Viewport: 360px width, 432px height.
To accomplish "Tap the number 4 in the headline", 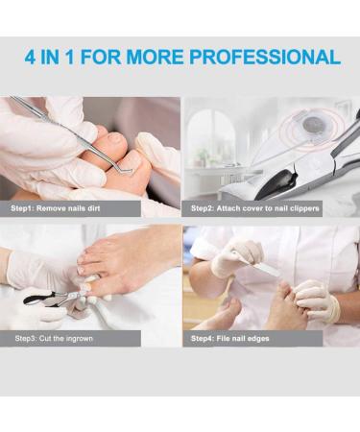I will pyautogui.click(x=33, y=57).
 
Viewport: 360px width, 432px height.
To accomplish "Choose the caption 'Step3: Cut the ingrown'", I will pyautogui.click(x=56, y=338).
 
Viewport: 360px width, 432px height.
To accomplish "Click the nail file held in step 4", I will pyautogui.click(x=259, y=265).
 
